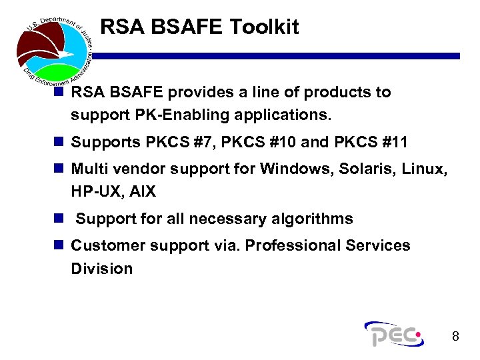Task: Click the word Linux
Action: tap(423, 169)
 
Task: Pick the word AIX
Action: tap(143, 192)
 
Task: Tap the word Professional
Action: tap(293, 245)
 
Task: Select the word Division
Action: tap(101, 269)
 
